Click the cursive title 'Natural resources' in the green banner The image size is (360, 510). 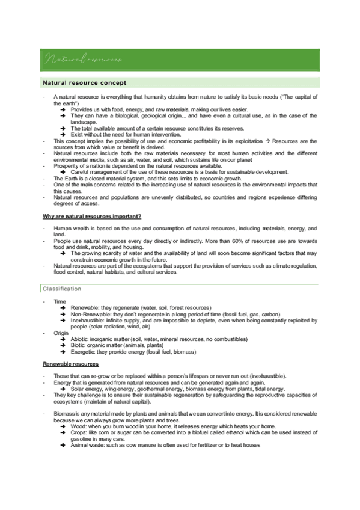[83, 60]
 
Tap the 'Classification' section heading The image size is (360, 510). [62, 289]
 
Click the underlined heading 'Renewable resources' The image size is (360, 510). [70, 364]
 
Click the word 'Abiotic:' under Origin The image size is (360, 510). [81, 339]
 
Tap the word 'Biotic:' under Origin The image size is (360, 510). [79, 346]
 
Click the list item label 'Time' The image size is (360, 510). [59, 301]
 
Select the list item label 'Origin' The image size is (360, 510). [61, 333]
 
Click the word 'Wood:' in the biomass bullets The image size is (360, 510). [78, 426]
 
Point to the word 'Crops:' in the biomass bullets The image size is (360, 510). [79, 432]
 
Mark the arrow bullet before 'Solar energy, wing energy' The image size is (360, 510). [63, 389]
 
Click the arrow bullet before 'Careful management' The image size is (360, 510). [63, 172]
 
